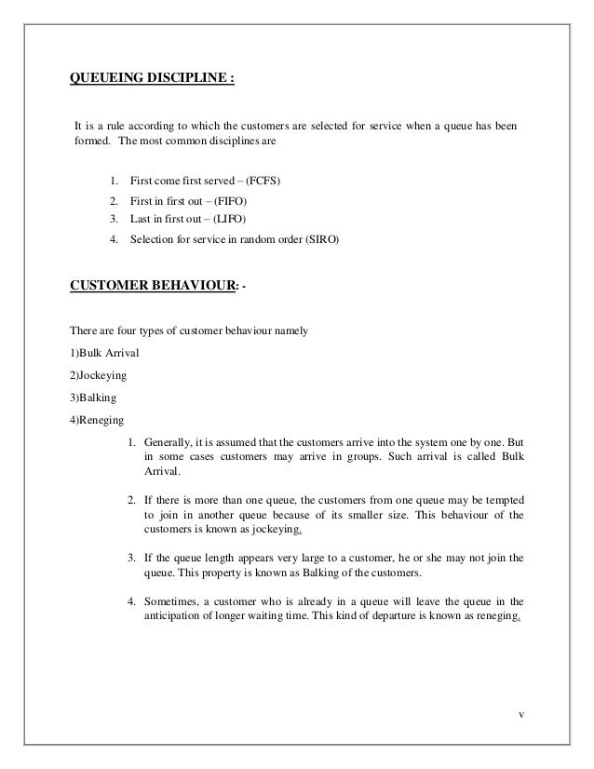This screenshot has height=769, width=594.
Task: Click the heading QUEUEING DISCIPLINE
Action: [x=154, y=77]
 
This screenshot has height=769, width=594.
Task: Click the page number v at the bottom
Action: [x=521, y=715]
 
